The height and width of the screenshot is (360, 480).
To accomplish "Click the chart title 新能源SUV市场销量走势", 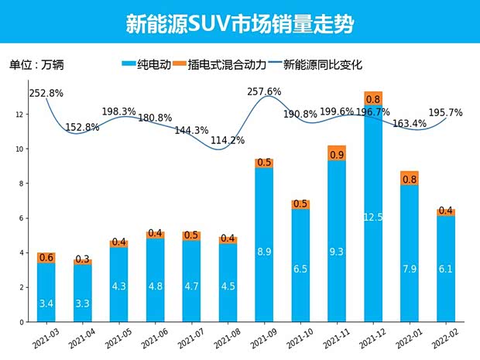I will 239,23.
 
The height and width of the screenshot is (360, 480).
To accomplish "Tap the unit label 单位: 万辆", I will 36,65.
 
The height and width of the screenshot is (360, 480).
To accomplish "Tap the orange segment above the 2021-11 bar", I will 337,153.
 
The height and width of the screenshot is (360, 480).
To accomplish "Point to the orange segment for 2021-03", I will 46,258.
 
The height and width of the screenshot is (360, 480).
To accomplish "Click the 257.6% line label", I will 264,92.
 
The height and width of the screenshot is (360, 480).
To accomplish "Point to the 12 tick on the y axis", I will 21,115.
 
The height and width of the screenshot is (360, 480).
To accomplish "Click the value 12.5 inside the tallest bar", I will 373,218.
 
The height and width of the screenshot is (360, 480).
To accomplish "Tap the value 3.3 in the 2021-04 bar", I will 82,303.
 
